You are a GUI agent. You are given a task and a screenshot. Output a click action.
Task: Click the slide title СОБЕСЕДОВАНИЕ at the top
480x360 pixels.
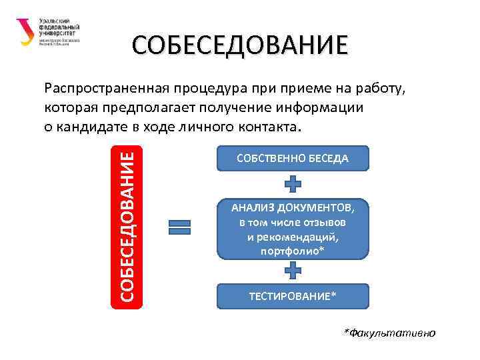point(239,46)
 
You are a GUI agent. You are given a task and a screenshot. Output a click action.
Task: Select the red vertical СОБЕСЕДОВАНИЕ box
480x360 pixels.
point(126,224)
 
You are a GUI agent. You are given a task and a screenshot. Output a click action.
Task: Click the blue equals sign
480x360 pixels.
point(179,227)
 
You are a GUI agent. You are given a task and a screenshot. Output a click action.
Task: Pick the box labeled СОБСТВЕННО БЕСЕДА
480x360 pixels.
point(293,158)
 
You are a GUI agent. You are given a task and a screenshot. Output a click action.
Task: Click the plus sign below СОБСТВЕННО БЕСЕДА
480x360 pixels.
point(293,185)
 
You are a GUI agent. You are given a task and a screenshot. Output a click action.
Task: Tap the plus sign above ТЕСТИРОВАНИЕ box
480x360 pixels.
point(293,269)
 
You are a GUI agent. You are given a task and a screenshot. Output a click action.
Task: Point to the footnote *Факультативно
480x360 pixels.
point(389,332)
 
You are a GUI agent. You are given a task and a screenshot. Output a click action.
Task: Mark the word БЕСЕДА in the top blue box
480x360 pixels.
point(325,158)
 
